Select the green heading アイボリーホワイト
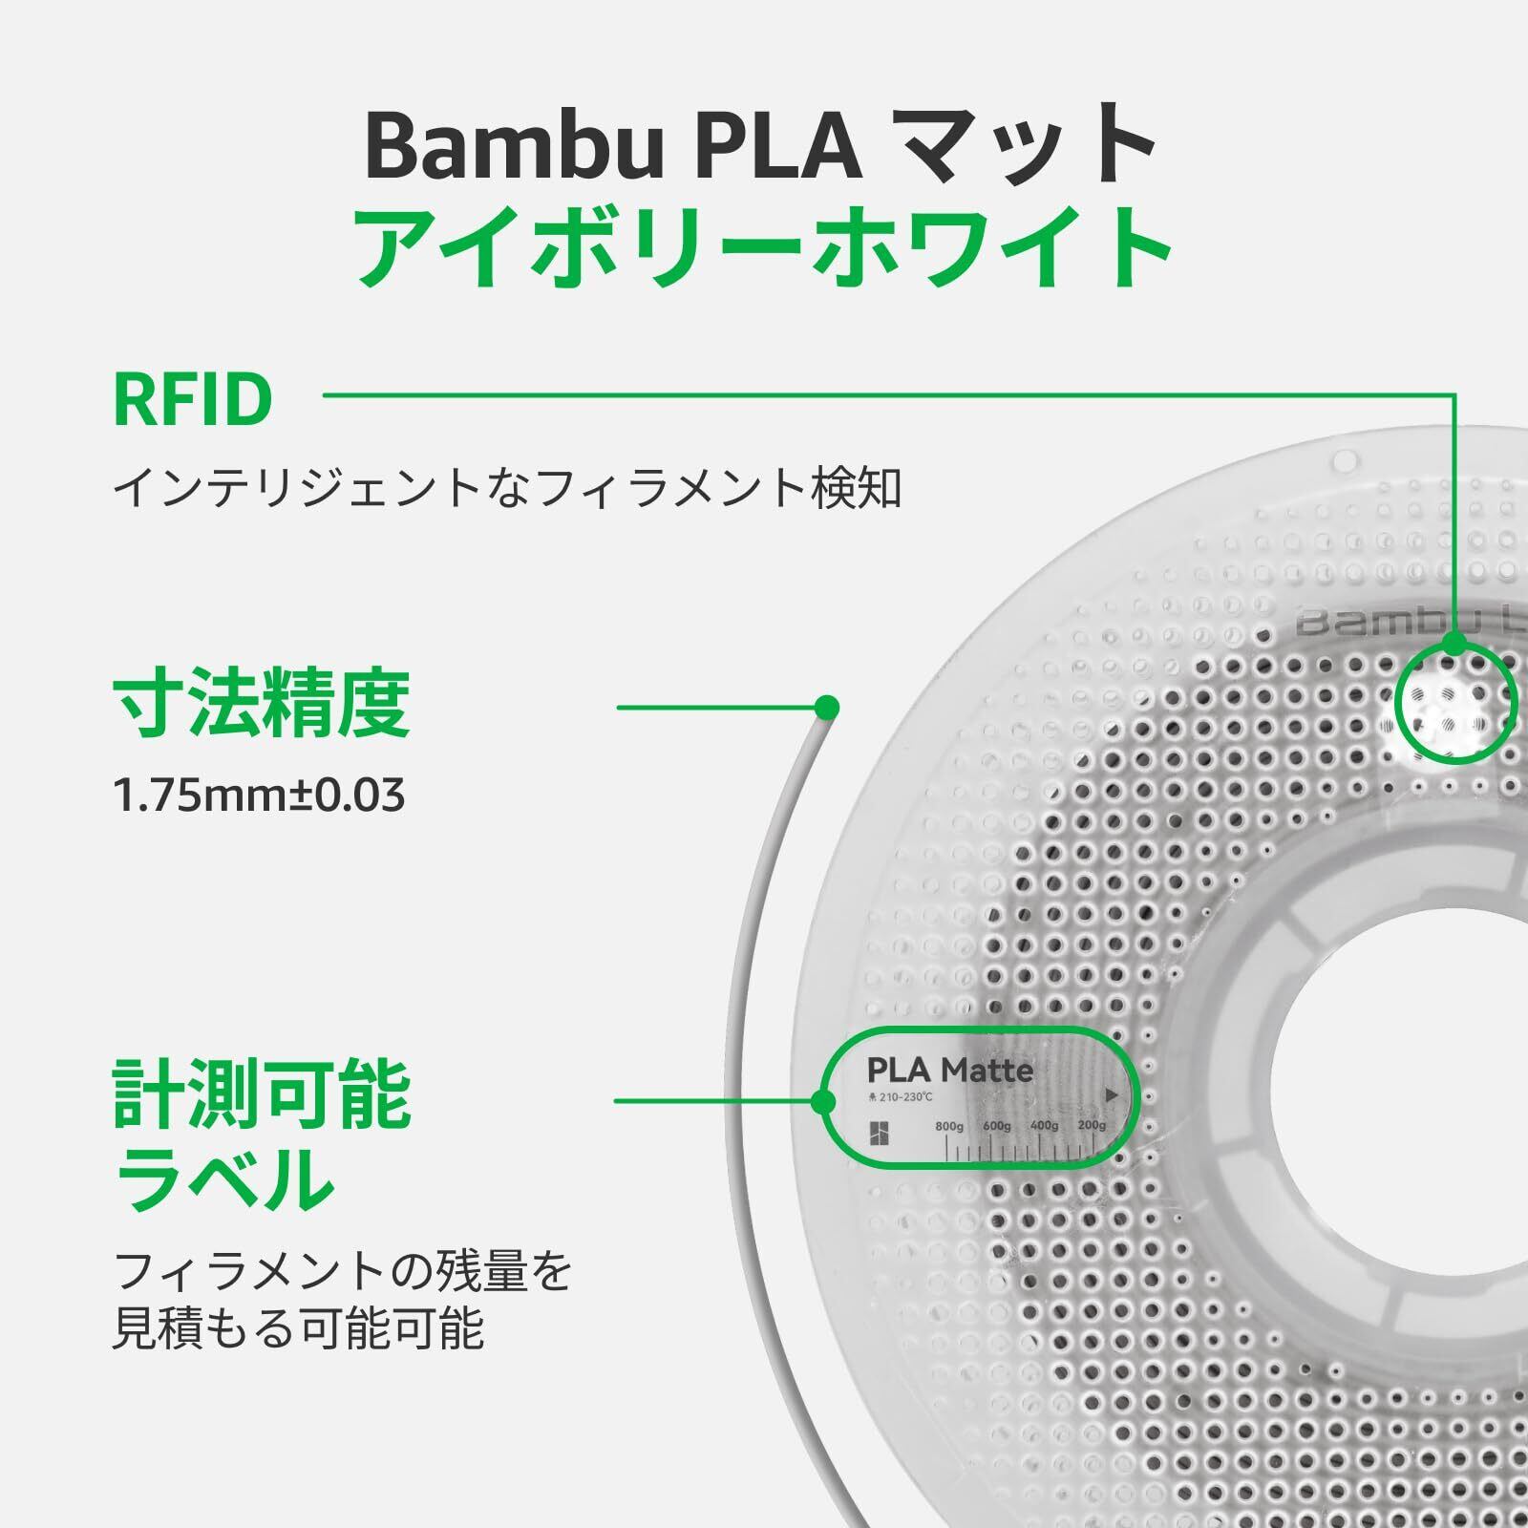(x=764, y=245)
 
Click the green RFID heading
(x=193, y=400)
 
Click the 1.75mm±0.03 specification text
(x=259, y=796)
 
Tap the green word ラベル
(x=224, y=1178)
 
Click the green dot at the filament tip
(x=827, y=708)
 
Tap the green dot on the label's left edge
(x=823, y=1102)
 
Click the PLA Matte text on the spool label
(x=949, y=1071)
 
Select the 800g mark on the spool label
(x=948, y=1127)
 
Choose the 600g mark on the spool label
(x=996, y=1127)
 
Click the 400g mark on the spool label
(x=1044, y=1127)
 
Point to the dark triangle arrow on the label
(x=1111, y=1095)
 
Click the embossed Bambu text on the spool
(x=1375, y=624)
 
